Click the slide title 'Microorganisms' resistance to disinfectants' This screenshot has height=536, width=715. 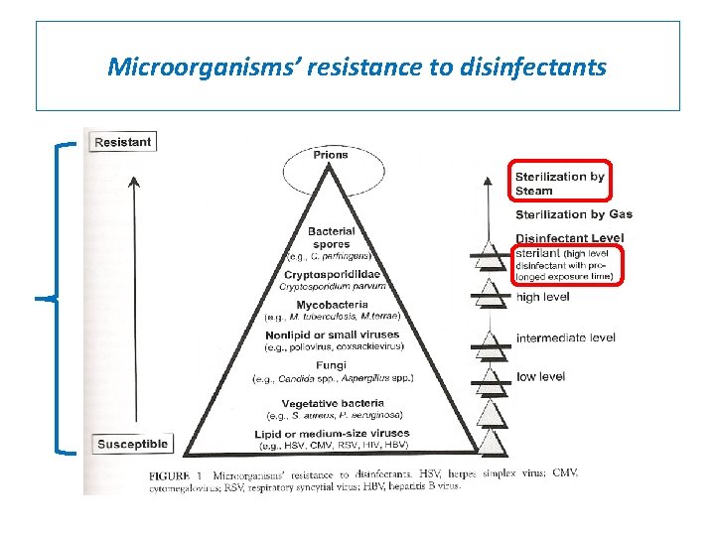[x=357, y=67]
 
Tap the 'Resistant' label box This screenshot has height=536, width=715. [x=122, y=142]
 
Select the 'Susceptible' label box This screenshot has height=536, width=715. [x=132, y=444]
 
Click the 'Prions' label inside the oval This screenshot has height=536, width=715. [x=331, y=156]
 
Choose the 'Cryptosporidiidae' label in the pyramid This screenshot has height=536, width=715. [x=331, y=274]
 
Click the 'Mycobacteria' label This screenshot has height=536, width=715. [x=331, y=305]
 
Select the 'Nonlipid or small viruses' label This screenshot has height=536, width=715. [x=331, y=335]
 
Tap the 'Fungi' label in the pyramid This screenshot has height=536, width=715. [x=331, y=365]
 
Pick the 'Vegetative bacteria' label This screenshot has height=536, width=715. [x=331, y=403]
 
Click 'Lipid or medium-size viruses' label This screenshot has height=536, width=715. [x=331, y=434]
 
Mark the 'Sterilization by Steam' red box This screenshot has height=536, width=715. [x=559, y=183]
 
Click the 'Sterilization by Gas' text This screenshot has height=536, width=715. [x=573, y=214]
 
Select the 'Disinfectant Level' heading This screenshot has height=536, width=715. [x=569, y=237]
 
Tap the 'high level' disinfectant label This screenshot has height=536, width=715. [x=541, y=296]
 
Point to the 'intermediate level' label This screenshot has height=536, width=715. [x=565, y=337]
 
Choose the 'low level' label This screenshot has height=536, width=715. [x=540, y=377]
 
